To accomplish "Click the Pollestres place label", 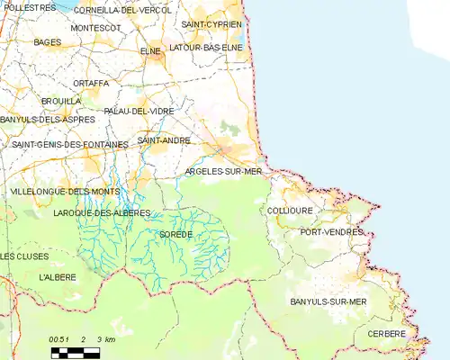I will coord(29,6).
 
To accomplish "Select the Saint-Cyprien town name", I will coord(211,23).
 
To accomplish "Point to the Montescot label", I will coord(95,28).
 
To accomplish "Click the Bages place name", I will coord(47,41).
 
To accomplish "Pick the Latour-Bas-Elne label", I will coord(206,47).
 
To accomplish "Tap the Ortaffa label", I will coord(91,83).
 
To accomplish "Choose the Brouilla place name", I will coord(61,101).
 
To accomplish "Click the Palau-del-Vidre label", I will coord(139,111).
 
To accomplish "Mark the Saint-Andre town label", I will coord(163,141).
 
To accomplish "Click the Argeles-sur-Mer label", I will coord(222,171).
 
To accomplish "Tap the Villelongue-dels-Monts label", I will coord(64,192).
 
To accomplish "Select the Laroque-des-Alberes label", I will coord(102,212).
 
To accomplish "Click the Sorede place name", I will coord(175,234).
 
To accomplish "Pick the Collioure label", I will coord(290,211).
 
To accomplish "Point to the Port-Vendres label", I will coord(331,231).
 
